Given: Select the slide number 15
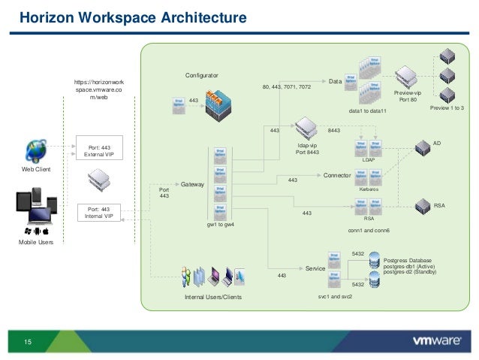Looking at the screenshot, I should [28, 343].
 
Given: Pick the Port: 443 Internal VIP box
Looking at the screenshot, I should [100, 213].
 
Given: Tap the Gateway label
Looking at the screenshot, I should [193, 183].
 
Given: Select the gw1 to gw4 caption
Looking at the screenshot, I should [221, 225].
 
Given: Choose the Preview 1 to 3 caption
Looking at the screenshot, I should [447, 110].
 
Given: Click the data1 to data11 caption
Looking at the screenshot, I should [368, 111].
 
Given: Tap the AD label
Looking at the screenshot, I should [438, 139].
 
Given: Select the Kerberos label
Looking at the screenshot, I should [369, 190].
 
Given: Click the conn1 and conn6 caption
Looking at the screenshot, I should [369, 230].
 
